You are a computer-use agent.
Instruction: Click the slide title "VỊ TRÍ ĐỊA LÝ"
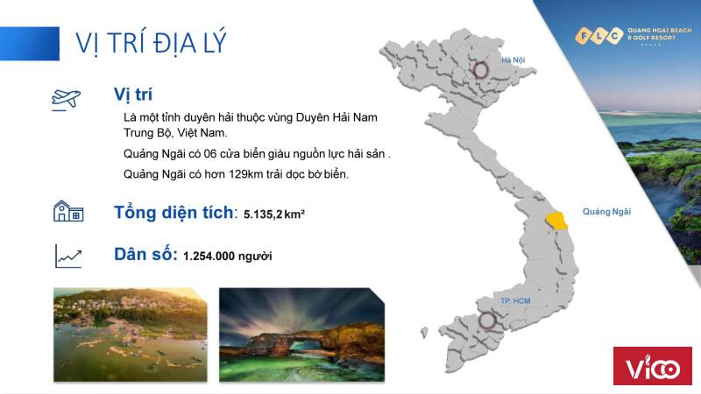click(x=151, y=43)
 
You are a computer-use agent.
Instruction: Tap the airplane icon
click(x=67, y=99)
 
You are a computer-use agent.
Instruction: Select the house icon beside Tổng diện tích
click(x=68, y=211)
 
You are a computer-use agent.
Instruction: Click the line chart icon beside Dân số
click(x=68, y=256)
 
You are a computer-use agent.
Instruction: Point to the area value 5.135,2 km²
click(x=274, y=214)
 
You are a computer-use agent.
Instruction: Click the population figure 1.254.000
click(x=209, y=256)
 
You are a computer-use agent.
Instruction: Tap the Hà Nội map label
click(x=513, y=60)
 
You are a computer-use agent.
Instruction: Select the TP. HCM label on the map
click(x=515, y=301)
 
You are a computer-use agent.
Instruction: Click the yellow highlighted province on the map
click(x=556, y=221)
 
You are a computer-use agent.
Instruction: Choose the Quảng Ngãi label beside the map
click(x=606, y=212)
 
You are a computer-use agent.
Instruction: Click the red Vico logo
click(x=652, y=365)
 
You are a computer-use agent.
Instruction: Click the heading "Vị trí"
click(x=133, y=95)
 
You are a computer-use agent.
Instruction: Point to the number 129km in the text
click(x=245, y=173)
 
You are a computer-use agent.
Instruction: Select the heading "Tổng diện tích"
click(x=173, y=212)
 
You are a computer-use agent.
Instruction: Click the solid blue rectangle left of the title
click(x=30, y=43)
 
